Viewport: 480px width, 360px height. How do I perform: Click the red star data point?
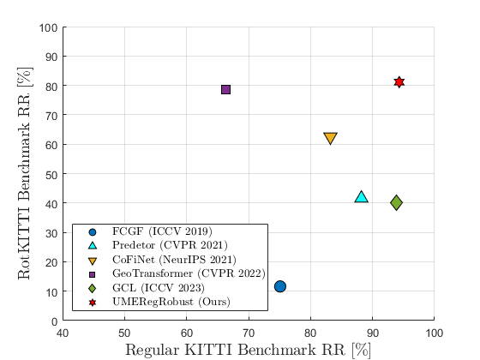399,82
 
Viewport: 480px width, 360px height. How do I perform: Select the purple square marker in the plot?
225,90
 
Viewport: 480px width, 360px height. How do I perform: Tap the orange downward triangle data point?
330,138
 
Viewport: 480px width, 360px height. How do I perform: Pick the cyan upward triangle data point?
361,196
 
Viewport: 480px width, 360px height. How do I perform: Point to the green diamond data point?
396,202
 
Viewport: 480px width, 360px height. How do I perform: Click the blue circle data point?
280,286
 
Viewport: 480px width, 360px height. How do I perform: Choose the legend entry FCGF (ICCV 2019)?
162,231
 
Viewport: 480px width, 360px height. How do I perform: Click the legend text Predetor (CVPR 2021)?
171,245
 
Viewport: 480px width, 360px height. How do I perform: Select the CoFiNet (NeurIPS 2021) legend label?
175,260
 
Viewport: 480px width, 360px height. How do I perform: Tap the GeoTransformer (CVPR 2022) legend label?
189,273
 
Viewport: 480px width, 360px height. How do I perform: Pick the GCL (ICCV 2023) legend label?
159,288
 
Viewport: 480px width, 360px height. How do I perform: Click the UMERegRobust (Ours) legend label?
171,302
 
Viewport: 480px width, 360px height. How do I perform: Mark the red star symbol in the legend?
93,303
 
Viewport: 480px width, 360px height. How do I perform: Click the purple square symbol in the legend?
93,274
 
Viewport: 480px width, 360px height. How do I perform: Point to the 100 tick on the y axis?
48,27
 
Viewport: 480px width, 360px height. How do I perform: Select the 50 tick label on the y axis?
51,175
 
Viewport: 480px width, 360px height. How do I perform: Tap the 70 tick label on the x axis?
249,333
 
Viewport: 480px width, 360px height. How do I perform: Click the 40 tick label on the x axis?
63,333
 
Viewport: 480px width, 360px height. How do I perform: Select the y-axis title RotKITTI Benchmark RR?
25,173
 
